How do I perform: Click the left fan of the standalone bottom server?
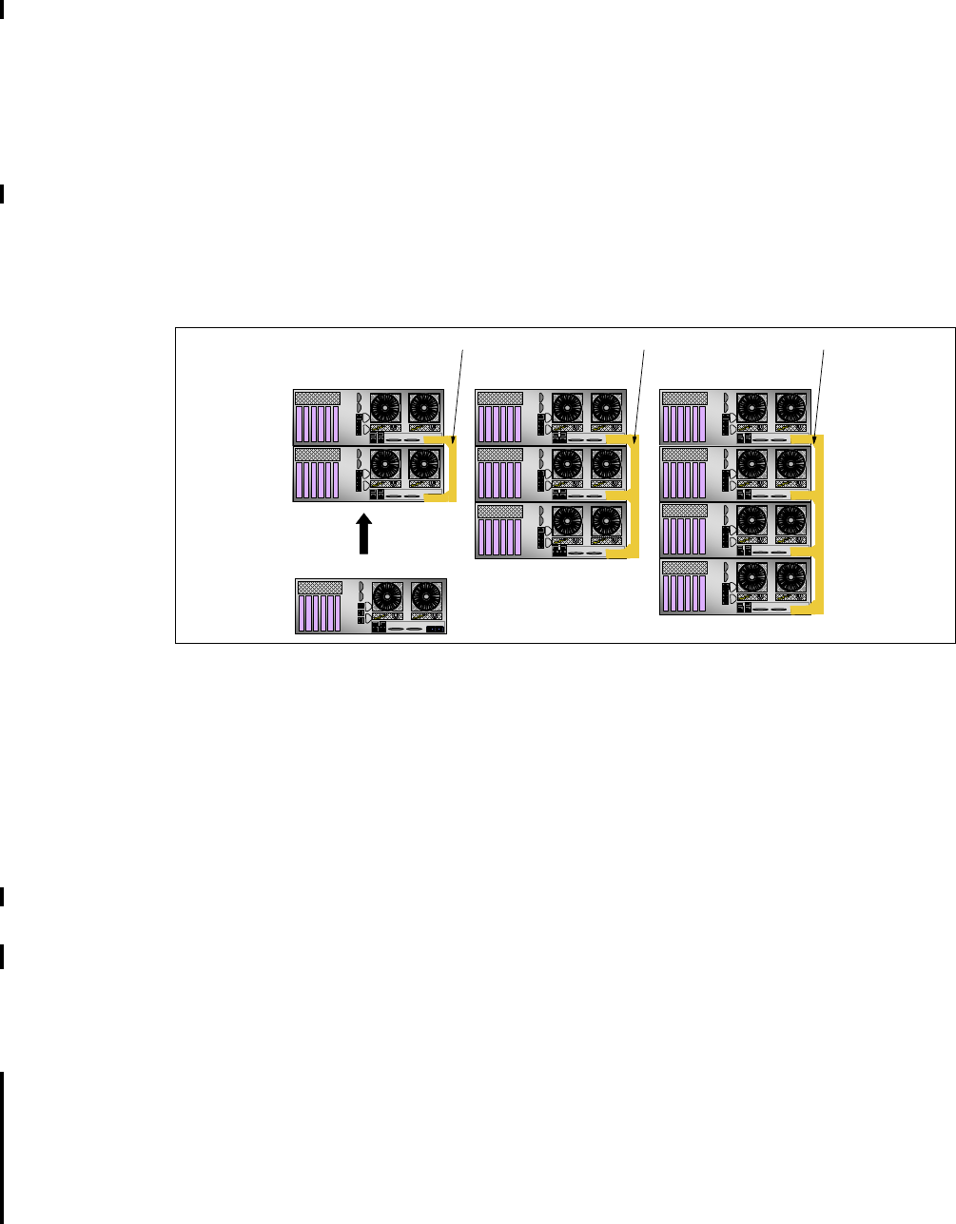tap(388, 596)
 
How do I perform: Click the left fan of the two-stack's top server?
tap(387, 409)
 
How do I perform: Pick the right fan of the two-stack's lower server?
tap(424, 465)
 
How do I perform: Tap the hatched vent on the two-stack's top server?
tap(318, 398)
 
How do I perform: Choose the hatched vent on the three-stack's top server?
tap(499, 398)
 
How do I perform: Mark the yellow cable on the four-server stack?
tap(820, 523)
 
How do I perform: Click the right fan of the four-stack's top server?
tap(790, 409)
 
